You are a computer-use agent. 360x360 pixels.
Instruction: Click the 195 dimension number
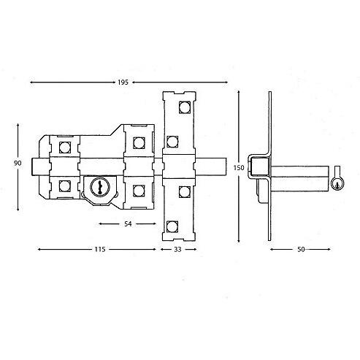(123, 83)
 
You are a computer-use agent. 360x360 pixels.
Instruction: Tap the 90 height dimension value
(18, 163)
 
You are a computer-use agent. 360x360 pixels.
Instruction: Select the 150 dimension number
(239, 168)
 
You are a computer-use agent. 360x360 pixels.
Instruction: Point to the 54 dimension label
(128, 223)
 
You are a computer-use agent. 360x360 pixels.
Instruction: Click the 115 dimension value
(100, 249)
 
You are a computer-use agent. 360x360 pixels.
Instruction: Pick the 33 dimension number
(177, 249)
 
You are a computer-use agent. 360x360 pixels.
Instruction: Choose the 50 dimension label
(301, 249)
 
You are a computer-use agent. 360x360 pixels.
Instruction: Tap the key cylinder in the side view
(337, 183)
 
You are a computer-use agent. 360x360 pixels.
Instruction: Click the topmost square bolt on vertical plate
(185, 107)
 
